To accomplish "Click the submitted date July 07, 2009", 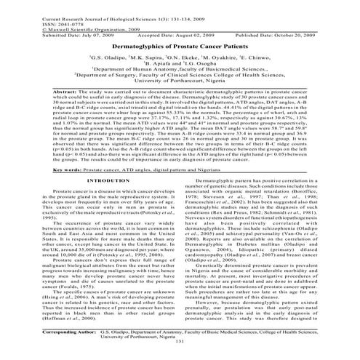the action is coord(66,33).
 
